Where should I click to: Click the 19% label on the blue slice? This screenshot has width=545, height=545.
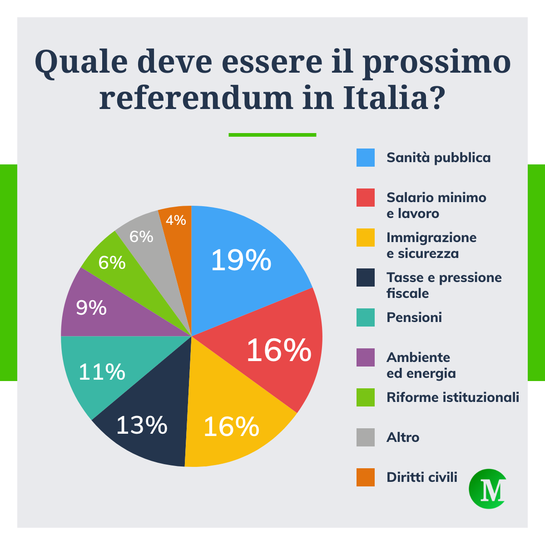click(x=241, y=260)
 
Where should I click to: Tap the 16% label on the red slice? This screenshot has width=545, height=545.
click(x=279, y=350)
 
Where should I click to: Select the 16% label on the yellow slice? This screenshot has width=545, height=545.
click(x=231, y=426)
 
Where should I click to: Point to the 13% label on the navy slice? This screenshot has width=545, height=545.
click(x=142, y=425)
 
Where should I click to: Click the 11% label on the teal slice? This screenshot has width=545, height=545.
click(x=102, y=372)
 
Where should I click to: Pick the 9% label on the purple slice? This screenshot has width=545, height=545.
click(x=91, y=308)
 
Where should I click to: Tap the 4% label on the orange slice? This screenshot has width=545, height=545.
click(x=176, y=220)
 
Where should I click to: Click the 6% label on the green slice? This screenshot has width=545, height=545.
click(x=112, y=263)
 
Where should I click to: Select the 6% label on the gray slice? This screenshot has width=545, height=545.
click(x=141, y=237)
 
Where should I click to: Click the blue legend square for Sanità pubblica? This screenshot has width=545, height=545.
click(x=366, y=158)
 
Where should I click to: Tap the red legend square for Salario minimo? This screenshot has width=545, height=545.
click(x=366, y=198)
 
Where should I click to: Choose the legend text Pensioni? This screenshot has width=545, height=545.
click(x=414, y=317)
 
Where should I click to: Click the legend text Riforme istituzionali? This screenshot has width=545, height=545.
click(x=453, y=397)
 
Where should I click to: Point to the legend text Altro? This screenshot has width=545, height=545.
click(x=403, y=437)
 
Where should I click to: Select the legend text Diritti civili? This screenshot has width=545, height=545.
click(x=422, y=477)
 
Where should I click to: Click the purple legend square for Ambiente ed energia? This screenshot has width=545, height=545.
click(x=366, y=357)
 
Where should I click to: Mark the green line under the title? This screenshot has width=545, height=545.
click(x=272, y=135)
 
